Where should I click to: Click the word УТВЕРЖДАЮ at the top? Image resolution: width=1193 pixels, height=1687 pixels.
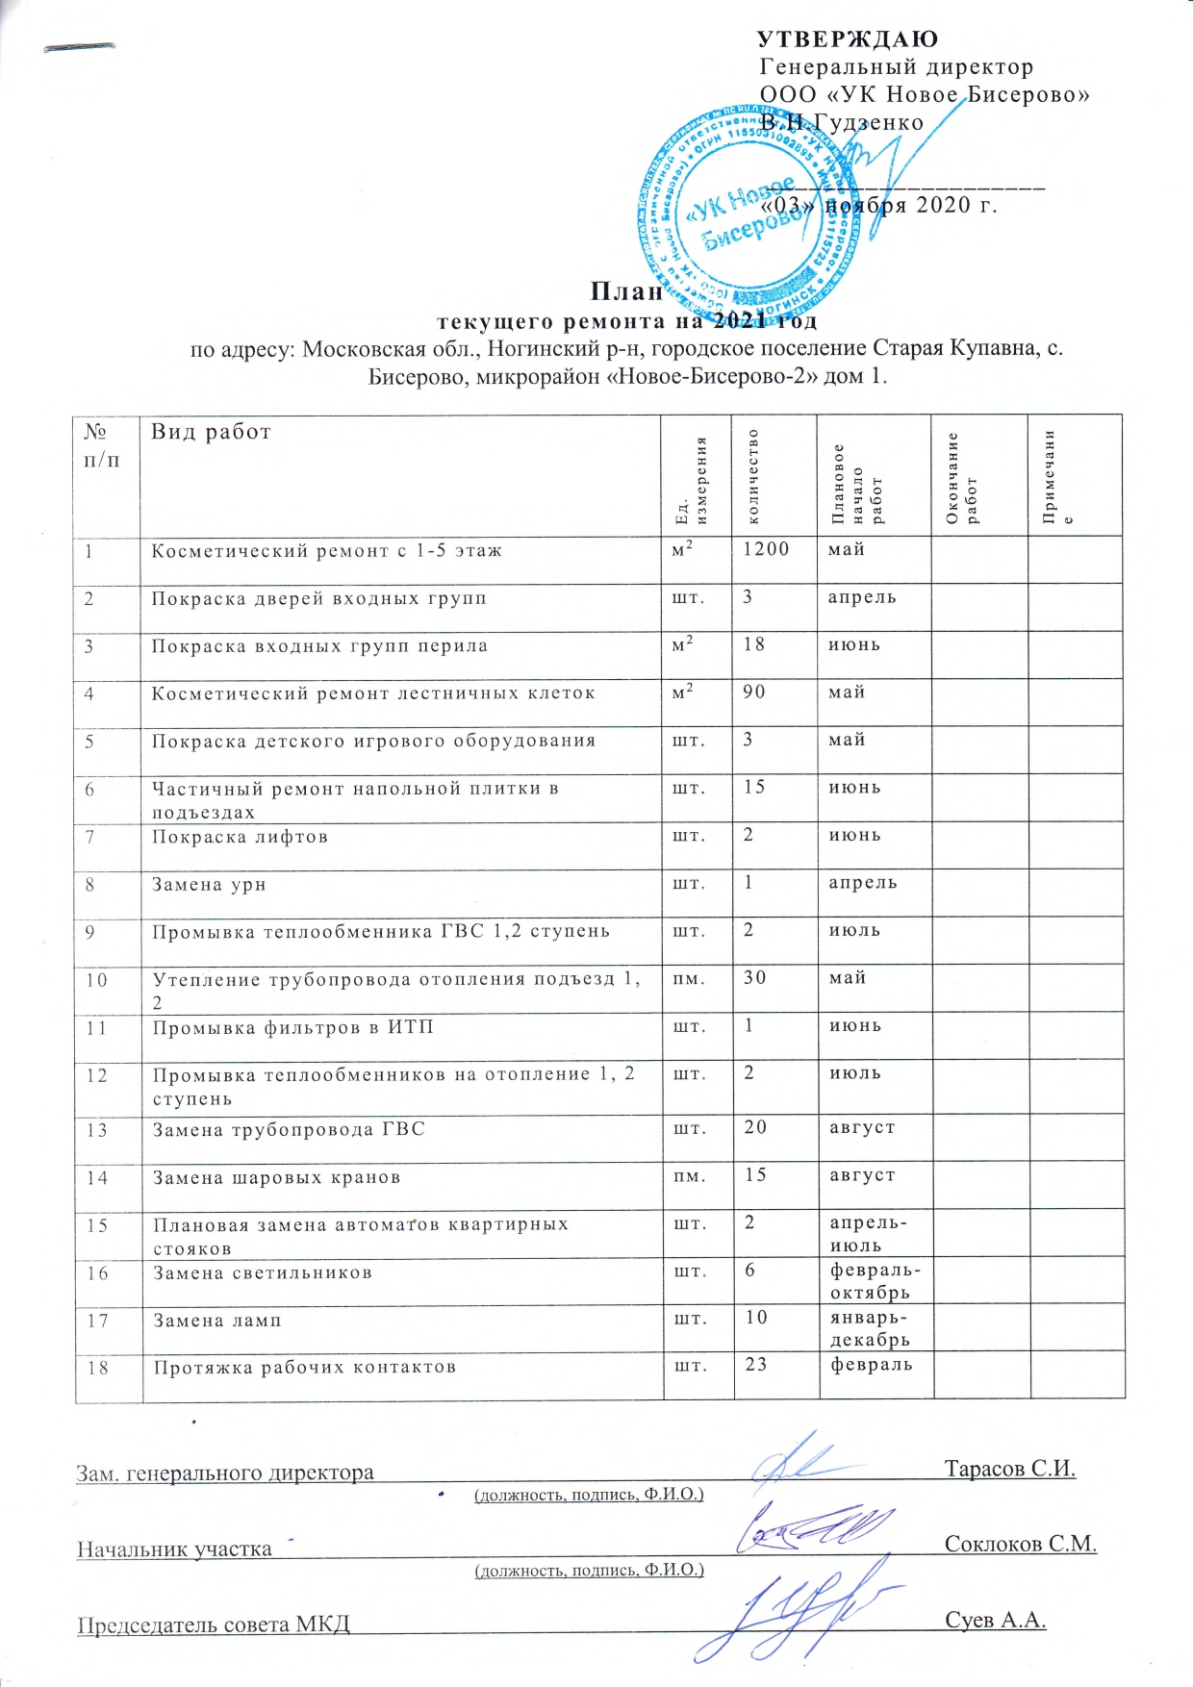tap(848, 39)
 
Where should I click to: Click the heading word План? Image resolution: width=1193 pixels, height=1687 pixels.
tap(626, 291)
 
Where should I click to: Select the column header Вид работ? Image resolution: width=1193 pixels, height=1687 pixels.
tap(211, 432)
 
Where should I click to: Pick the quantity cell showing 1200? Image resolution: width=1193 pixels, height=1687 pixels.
tap(766, 549)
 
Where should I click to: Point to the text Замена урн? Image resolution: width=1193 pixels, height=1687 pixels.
tap(209, 884)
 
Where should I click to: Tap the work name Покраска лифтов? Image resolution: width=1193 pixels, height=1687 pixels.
tap(240, 837)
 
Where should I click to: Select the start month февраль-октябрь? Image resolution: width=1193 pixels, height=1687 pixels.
tap(870, 1282)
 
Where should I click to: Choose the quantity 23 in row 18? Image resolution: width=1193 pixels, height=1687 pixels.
tap(756, 1364)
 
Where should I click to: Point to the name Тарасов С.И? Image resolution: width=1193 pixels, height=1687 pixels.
tap(1009, 1469)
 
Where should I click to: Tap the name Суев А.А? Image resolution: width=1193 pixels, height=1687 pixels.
tap(995, 1620)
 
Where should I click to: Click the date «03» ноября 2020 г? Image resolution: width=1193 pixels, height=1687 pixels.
tap(878, 205)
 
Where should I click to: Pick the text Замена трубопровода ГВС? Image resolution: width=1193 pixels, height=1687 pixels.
tap(289, 1129)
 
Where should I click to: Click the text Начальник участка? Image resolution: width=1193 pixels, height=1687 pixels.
tap(174, 1549)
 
